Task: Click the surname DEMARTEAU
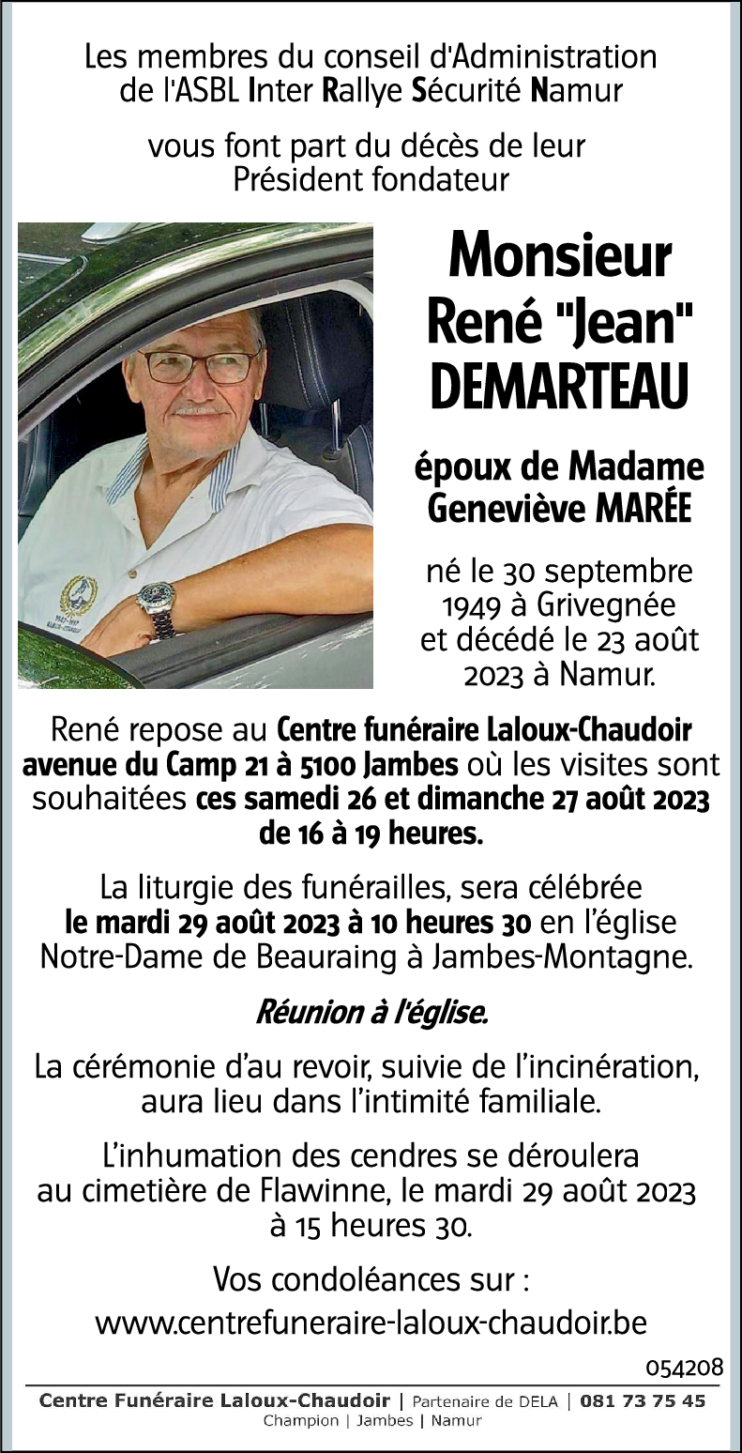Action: (560, 389)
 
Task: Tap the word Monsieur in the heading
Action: (560, 255)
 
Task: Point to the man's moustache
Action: (198, 409)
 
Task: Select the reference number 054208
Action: (685, 1367)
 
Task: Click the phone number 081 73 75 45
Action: (643, 1400)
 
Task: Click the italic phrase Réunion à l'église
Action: (371, 1013)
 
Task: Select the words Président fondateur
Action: (371, 178)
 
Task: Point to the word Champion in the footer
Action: (300, 1420)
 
